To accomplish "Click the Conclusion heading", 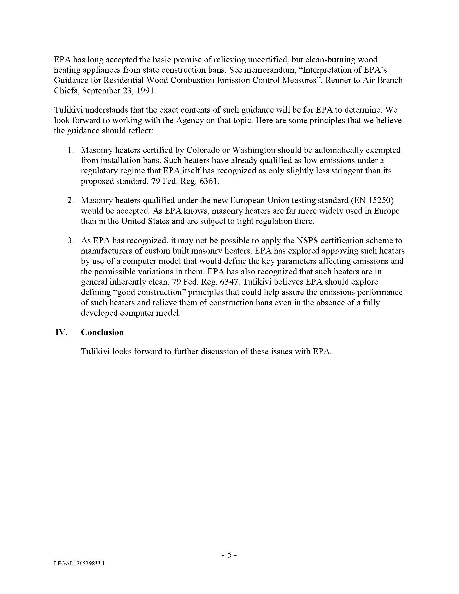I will [102, 332].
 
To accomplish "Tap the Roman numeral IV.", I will [61, 332].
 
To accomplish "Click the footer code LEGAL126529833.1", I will [79, 564].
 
